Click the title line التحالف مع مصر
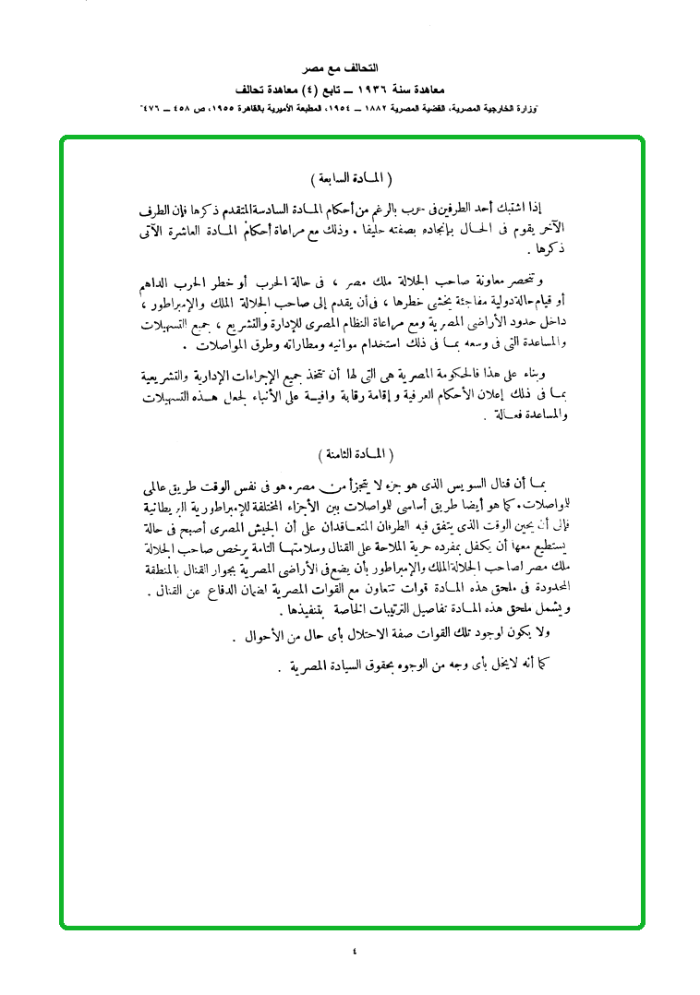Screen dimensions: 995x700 click(350, 69)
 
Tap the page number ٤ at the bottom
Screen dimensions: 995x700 click(355, 950)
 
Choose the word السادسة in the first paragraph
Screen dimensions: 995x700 click(331, 207)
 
